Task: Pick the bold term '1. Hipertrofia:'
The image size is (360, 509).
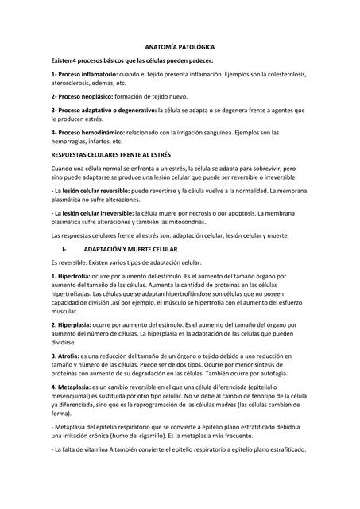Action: (70, 275)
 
